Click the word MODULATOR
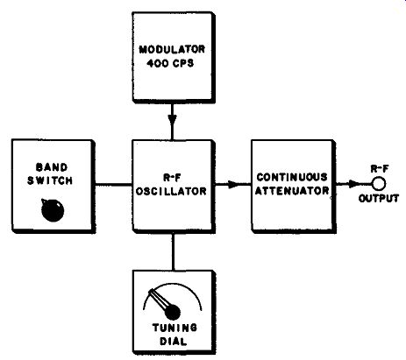point(172,49)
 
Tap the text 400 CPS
point(170,63)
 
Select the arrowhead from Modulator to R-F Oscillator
point(172,120)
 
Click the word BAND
point(52,167)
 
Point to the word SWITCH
point(50,180)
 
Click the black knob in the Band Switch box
point(53,210)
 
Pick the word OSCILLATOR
point(171,191)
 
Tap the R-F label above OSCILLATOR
point(171,178)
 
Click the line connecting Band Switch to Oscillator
point(113,184)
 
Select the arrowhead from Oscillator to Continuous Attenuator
point(233,184)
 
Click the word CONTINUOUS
point(292,177)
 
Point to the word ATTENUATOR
point(292,191)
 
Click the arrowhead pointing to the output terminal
point(354,184)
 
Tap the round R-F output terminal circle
point(379,184)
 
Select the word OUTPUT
point(379,199)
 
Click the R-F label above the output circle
point(380,169)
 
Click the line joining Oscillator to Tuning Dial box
point(173,251)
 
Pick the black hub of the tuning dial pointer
point(173,313)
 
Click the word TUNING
point(175,328)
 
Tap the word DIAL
point(173,341)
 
